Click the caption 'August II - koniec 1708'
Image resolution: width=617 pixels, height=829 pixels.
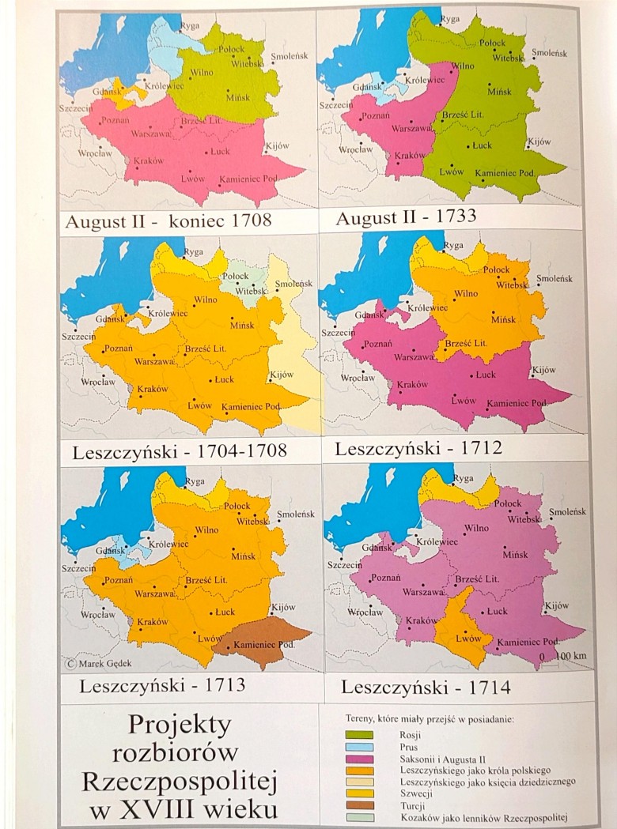[168, 220]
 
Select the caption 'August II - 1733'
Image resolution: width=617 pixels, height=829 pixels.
[406, 217]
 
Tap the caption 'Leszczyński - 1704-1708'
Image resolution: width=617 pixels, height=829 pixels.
[179, 453]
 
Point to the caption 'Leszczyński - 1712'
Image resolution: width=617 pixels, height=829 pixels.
[418, 449]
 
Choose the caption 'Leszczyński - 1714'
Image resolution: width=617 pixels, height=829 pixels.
[426, 687]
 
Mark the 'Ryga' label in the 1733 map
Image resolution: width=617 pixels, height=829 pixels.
[450, 19]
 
